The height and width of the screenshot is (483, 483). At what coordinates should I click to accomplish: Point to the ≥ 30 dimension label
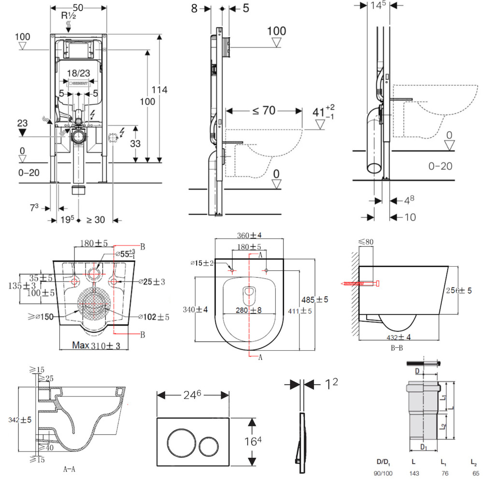(x=96, y=220)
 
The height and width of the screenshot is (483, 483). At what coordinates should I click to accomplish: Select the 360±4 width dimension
(x=250, y=235)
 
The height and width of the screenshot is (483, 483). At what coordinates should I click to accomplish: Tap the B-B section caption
(x=397, y=348)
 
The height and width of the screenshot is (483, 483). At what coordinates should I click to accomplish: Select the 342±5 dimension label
(x=20, y=420)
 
